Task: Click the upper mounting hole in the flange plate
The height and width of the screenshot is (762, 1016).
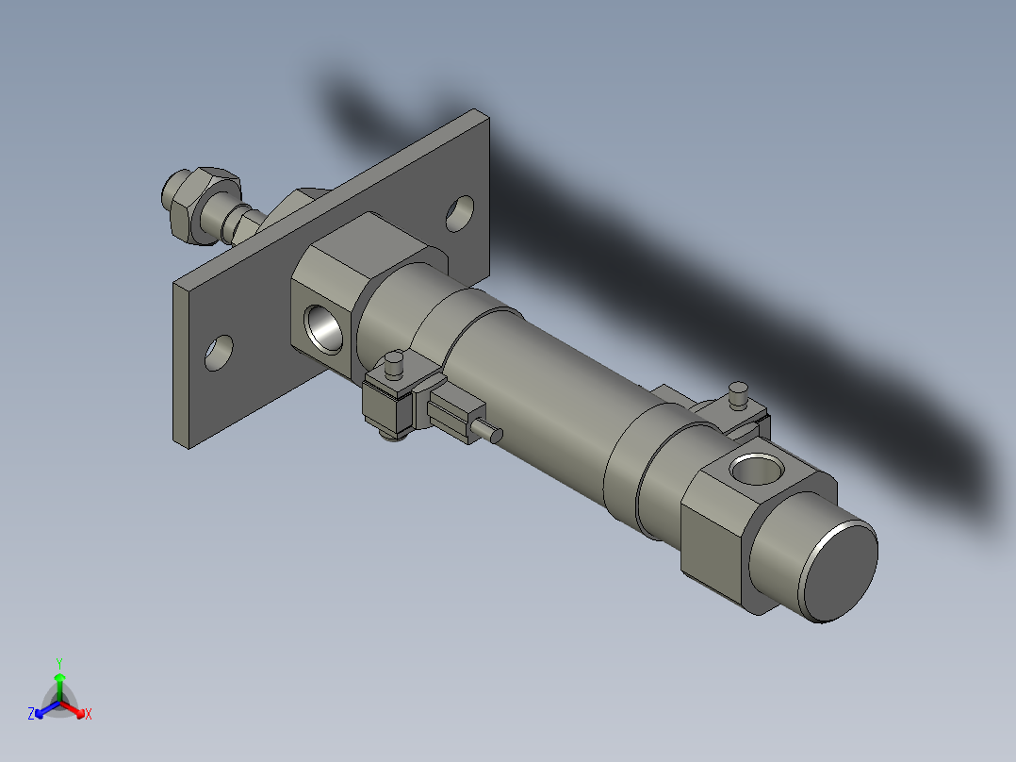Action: tap(461, 212)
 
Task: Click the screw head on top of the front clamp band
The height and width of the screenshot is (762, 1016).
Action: tap(395, 359)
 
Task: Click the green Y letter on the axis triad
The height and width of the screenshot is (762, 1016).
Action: tap(59, 663)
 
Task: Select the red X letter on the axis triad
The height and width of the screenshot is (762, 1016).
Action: tap(89, 715)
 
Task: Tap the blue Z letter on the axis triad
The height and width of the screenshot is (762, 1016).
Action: tap(31, 715)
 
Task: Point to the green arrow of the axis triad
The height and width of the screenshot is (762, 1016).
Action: tap(59, 680)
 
